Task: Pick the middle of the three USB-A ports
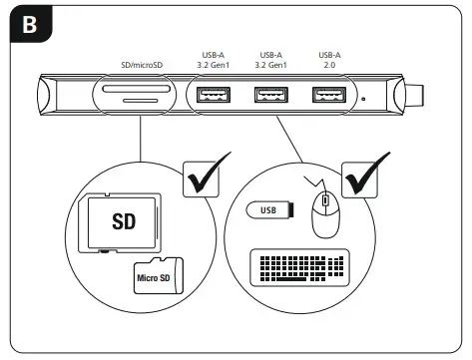click(268, 96)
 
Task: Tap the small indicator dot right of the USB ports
click(363, 98)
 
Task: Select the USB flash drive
click(269, 210)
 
